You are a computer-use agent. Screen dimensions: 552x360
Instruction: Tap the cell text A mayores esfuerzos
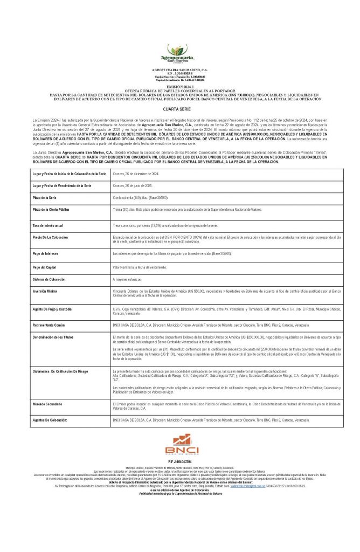129,279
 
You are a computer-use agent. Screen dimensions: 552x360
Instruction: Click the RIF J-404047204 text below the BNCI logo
180,477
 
